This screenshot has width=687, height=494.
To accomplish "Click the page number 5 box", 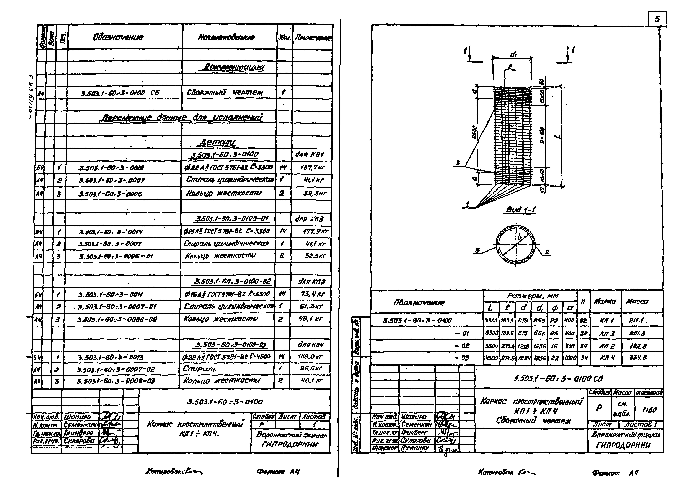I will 657,19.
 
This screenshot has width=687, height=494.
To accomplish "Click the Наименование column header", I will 227,37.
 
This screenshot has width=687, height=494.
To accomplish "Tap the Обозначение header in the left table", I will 118,37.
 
